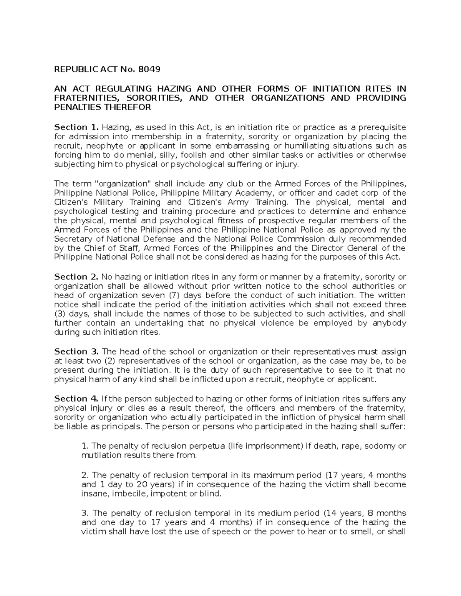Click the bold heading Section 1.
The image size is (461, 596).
click(x=76, y=127)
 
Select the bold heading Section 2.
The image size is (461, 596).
click(x=76, y=277)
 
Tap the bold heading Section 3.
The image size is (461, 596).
click(x=76, y=352)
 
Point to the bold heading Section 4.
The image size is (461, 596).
click(x=76, y=399)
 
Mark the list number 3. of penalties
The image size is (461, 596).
click(x=85, y=513)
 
